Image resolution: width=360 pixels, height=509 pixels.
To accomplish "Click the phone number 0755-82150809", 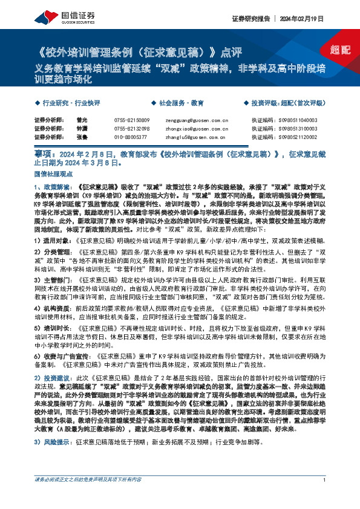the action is pos(131,121).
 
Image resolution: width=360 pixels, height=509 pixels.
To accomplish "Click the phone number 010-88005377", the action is pos(130,138).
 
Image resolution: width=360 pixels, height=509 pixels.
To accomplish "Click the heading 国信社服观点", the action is pos(51,173).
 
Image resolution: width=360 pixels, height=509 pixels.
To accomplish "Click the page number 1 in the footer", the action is pos(325,497).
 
